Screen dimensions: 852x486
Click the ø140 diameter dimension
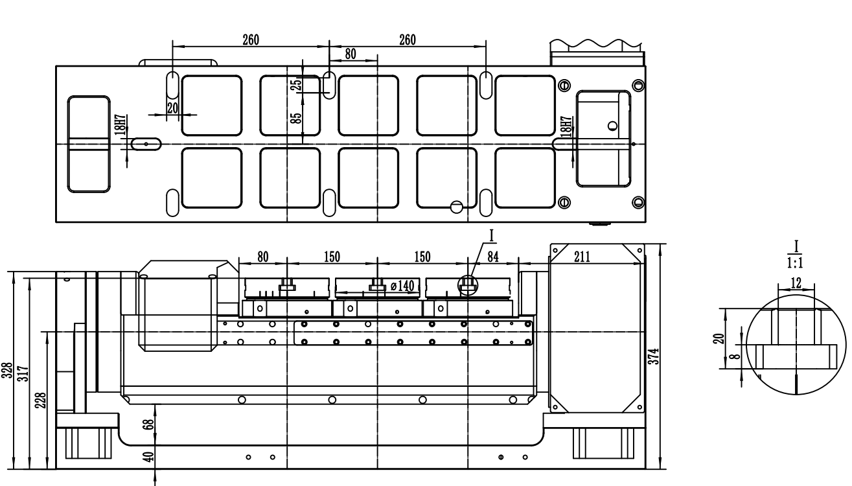[402, 285]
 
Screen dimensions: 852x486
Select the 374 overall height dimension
[654, 356]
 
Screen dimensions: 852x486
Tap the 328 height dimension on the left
[8, 370]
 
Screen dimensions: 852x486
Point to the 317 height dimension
[23, 374]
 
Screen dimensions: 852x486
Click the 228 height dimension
[41, 400]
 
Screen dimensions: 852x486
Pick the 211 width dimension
[582, 257]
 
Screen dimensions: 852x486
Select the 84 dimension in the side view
[492, 257]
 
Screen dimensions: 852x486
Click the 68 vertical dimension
[150, 424]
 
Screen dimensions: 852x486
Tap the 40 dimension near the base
[150, 456]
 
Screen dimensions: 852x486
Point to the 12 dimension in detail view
[796, 283]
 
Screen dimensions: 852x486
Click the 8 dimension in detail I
[737, 356]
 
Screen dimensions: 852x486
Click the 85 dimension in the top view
[296, 118]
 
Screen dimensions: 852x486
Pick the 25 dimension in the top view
[296, 84]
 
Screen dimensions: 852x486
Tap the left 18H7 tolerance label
[121, 125]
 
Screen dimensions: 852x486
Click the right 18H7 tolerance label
[566, 126]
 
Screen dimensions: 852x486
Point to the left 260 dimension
[251, 40]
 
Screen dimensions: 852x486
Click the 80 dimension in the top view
[351, 54]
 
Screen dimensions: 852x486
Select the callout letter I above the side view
[491, 236]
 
